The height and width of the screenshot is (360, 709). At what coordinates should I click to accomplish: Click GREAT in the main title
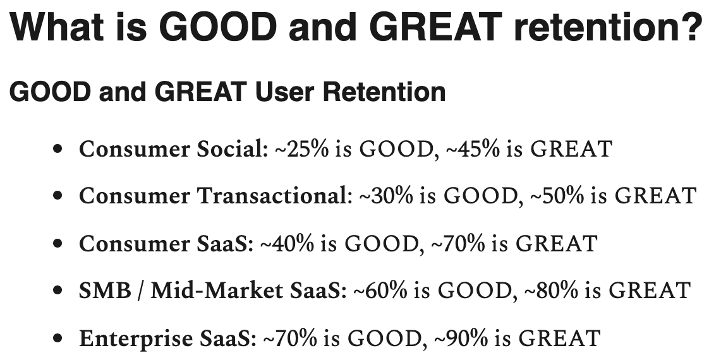tap(438, 27)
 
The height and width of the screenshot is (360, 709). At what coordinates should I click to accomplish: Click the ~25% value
tap(301, 149)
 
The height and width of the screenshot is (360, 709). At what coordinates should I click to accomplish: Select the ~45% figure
tap(473, 149)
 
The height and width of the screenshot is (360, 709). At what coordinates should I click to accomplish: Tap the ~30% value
tap(385, 196)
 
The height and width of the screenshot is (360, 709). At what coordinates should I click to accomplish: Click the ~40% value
tap(287, 243)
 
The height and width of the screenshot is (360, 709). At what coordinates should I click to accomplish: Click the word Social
tap(233, 149)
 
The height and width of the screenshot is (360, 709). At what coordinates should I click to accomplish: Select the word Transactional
tap(274, 196)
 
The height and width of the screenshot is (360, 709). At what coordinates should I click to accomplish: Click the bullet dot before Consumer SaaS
tap(57, 243)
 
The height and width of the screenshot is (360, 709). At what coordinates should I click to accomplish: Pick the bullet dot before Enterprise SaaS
tap(57, 338)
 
